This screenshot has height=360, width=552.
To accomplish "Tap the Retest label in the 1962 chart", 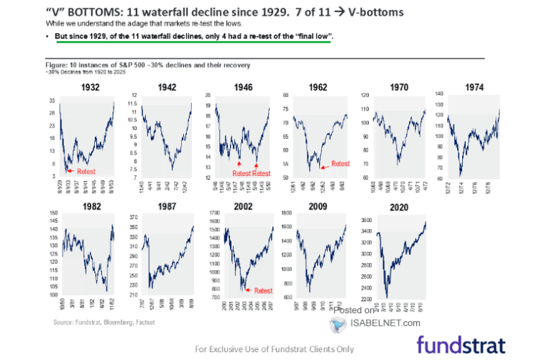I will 339,165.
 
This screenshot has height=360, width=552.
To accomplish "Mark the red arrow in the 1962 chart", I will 323,166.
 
